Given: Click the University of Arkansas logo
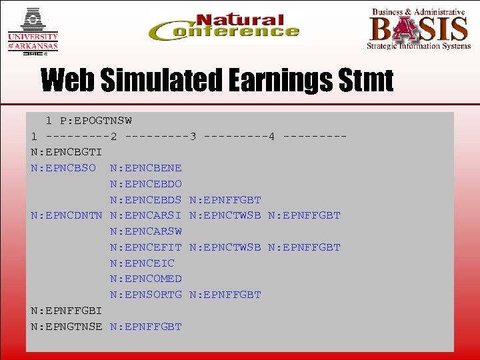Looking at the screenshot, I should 33,30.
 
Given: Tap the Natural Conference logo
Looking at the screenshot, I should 225,29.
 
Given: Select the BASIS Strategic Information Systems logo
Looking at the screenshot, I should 418,29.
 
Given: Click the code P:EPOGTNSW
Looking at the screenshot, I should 95,121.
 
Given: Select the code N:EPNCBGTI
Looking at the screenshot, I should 66,152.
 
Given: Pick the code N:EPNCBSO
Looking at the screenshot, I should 63,168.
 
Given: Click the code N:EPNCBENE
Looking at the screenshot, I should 145,168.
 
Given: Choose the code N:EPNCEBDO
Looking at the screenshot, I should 145,184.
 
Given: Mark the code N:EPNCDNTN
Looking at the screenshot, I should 66,215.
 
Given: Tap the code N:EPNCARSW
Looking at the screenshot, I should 145,231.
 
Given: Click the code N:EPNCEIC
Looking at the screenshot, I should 142,263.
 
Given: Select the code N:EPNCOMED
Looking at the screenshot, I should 145,279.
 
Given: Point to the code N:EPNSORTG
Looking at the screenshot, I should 145,295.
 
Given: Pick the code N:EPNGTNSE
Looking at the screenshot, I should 66,327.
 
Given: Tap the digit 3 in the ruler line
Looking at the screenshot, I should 193,137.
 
